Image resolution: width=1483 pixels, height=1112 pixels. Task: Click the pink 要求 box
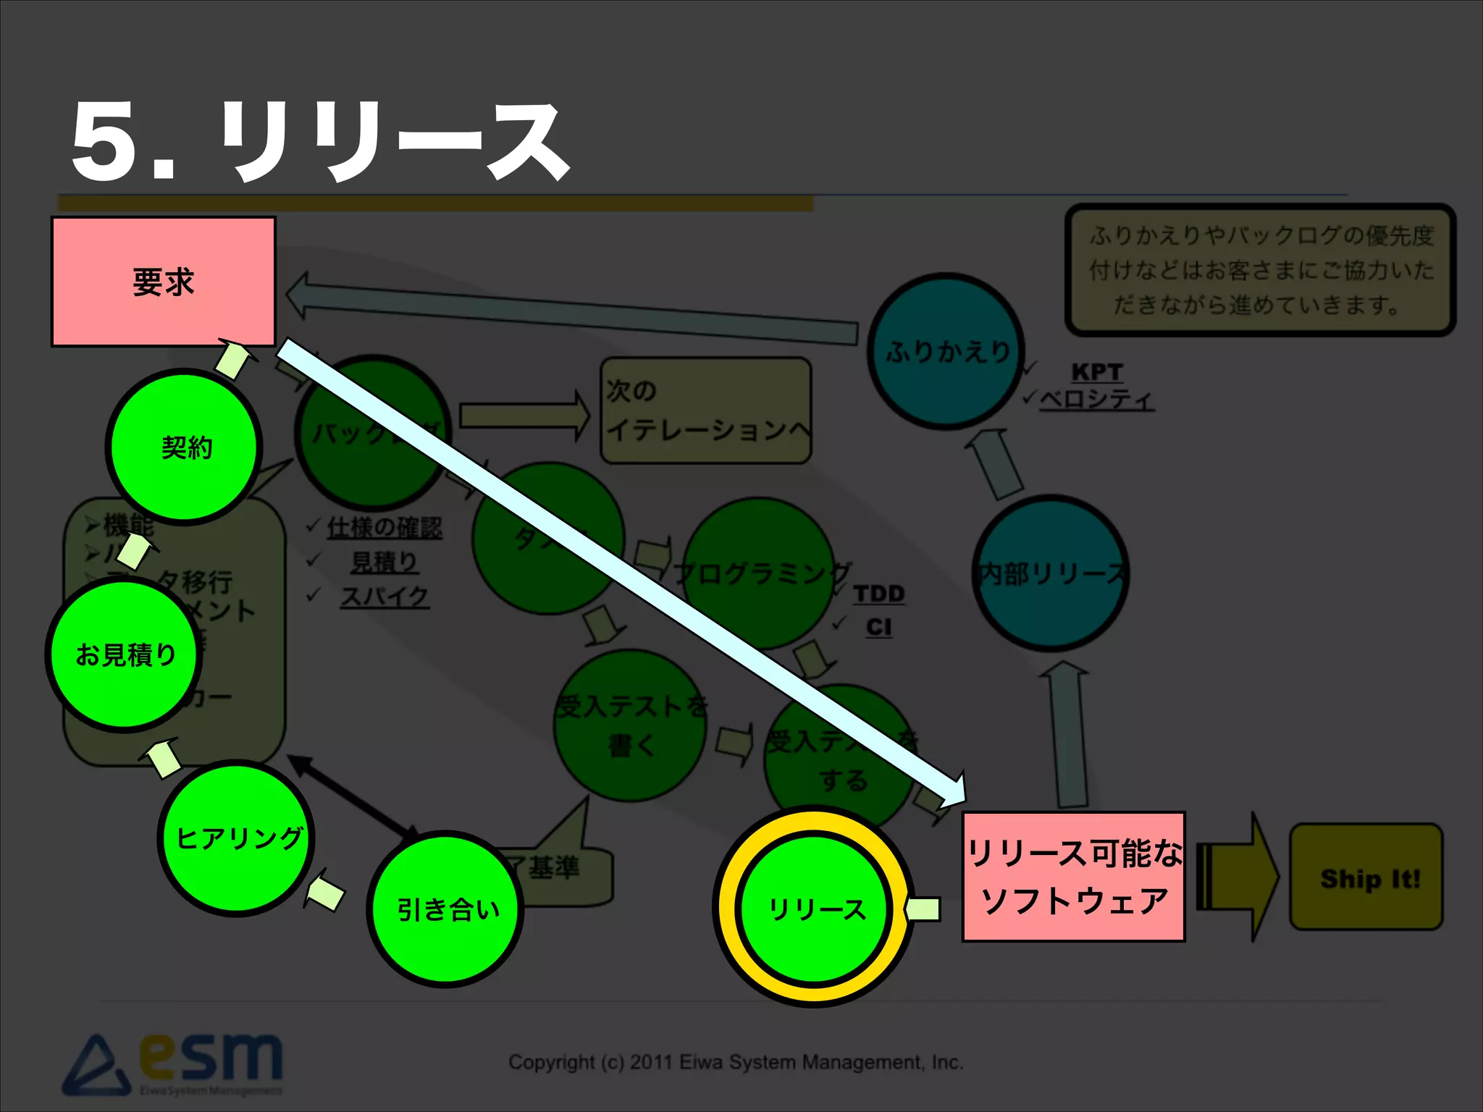coord(164,282)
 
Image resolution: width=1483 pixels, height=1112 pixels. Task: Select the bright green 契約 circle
coord(185,447)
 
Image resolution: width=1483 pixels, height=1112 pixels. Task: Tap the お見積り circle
coord(125,654)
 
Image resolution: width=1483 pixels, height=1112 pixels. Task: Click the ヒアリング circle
coord(237,838)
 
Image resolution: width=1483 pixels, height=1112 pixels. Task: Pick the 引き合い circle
coord(446,909)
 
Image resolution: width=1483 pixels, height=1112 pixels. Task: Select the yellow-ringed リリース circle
coord(815,908)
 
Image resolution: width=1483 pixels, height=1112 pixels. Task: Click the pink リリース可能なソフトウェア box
coord(1073,877)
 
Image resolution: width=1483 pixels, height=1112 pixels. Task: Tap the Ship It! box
coord(1367,877)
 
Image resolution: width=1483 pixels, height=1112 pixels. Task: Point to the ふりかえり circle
coord(946,351)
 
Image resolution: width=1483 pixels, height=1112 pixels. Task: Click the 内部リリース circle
coord(1051,573)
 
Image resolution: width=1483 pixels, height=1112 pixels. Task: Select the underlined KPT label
coord(1096,371)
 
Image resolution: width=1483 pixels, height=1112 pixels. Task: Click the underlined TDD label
coord(878,594)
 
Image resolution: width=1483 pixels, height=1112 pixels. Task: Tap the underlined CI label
coord(878,626)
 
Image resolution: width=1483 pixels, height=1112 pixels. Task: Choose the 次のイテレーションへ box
coord(705,410)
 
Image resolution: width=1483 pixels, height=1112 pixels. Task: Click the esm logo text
coord(210,1058)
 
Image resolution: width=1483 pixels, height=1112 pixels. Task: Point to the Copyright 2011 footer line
coord(736,1062)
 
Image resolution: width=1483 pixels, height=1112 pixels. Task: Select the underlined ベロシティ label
coord(1096,399)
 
